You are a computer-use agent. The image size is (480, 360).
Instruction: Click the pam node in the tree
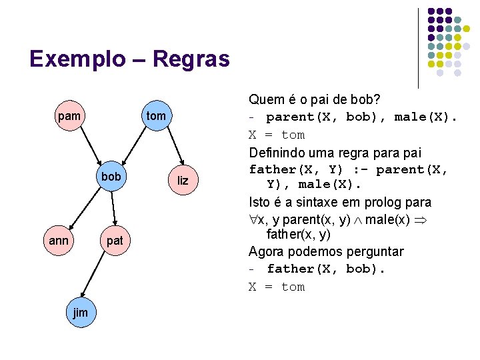tap(70, 117)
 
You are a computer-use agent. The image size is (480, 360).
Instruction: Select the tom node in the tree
tap(155, 117)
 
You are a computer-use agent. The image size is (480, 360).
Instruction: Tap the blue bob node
tap(111, 177)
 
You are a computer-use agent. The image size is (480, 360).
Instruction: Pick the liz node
tap(183, 181)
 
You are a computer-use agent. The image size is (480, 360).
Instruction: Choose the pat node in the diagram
tap(115, 241)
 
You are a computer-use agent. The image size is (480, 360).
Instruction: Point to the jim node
tap(80, 313)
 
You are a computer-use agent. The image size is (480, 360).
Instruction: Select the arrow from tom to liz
tap(169, 149)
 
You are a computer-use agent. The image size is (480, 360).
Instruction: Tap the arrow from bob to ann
tap(85, 208)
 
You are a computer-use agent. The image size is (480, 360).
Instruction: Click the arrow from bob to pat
tap(113, 209)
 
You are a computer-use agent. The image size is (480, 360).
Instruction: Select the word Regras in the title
tap(191, 60)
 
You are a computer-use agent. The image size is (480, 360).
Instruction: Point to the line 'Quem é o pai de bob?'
tap(315, 100)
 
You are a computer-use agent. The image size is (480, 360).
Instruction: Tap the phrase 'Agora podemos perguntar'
tap(326, 252)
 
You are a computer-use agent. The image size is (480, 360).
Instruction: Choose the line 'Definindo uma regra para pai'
tap(335, 153)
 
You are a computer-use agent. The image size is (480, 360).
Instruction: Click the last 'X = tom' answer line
tap(277, 287)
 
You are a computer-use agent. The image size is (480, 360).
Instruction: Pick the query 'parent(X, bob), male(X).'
tap(362, 118)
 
